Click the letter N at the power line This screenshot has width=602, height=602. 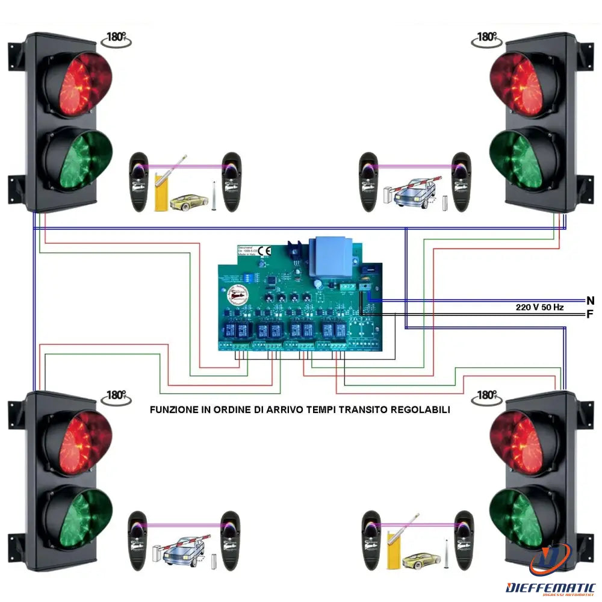click(x=590, y=300)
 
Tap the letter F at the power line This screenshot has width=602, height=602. click(x=590, y=314)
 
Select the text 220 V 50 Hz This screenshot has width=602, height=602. click(x=539, y=307)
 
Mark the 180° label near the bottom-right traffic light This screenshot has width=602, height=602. click(x=486, y=396)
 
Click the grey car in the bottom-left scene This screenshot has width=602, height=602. click(x=184, y=550)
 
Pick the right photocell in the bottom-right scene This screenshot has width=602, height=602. click(x=464, y=540)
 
